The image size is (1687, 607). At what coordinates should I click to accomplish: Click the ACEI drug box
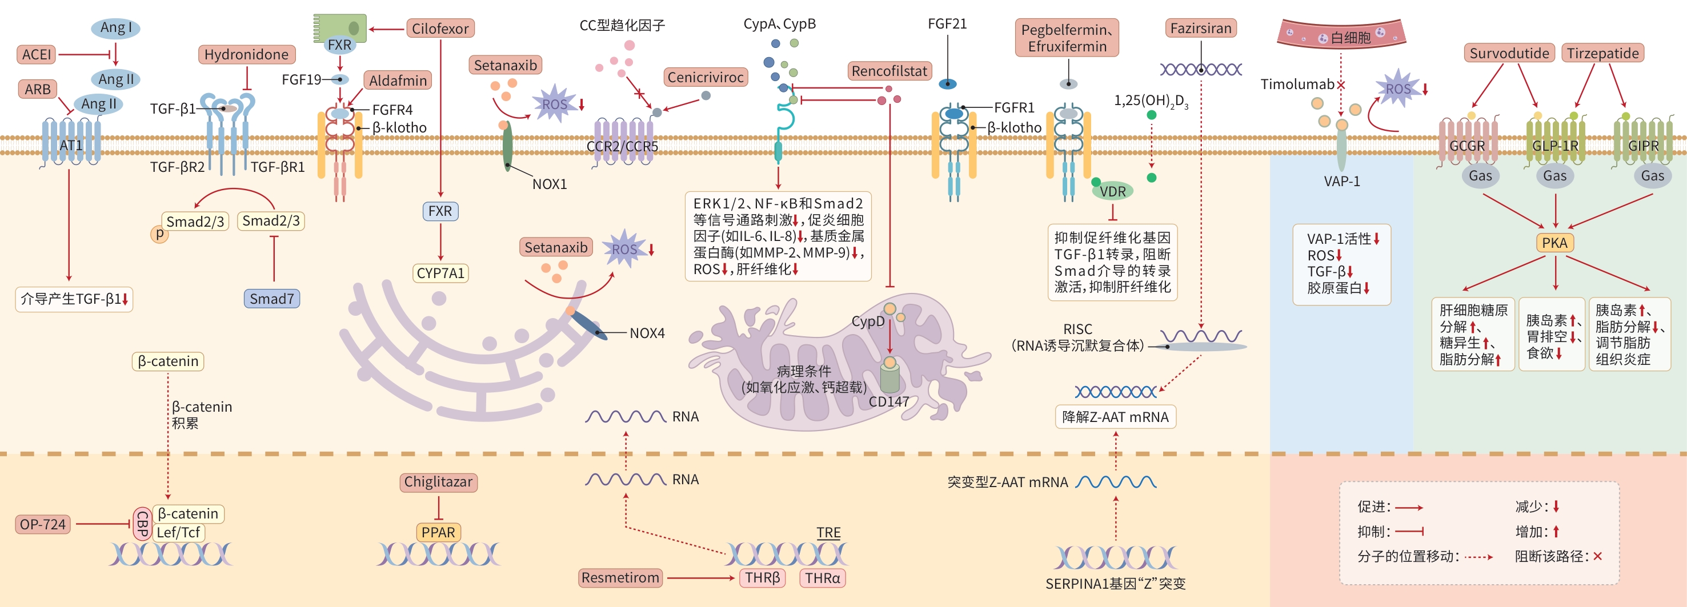(36, 54)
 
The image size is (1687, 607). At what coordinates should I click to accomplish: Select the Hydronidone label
(246, 54)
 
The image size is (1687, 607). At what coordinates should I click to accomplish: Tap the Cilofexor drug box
(440, 29)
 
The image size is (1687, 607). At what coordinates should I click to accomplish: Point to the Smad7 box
(272, 299)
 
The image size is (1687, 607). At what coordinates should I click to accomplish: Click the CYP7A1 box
(440, 273)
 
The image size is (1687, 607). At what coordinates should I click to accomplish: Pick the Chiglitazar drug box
(438, 482)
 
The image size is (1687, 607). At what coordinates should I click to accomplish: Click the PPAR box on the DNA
(438, 532)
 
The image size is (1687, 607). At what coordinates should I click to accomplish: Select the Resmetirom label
(620, 577)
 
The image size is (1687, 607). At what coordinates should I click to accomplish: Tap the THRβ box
(762, 577)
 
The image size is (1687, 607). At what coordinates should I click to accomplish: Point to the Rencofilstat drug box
(889, 71)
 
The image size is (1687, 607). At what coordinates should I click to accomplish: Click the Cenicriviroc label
(706, 77)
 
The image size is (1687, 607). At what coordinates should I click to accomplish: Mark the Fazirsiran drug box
(1201, 28)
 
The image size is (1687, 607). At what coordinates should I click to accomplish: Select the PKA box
(1554, 243)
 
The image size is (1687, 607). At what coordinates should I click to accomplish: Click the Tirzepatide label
(1602, 53)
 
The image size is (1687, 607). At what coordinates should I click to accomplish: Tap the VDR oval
(1113, 191)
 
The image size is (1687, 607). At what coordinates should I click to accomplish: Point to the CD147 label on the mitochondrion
(889, 401)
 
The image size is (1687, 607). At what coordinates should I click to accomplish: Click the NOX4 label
(647, 333)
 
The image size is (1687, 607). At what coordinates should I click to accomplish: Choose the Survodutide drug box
(1509, 53)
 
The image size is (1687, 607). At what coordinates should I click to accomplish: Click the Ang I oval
(116, 27)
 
